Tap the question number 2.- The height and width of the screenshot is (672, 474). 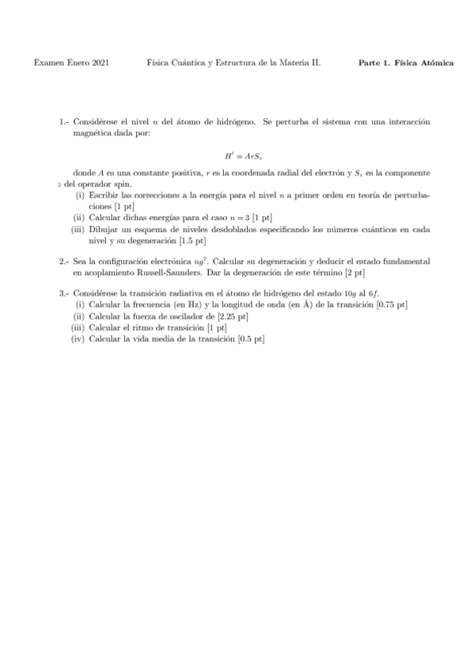click(64, 261)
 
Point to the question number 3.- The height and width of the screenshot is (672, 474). click(64, 293)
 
